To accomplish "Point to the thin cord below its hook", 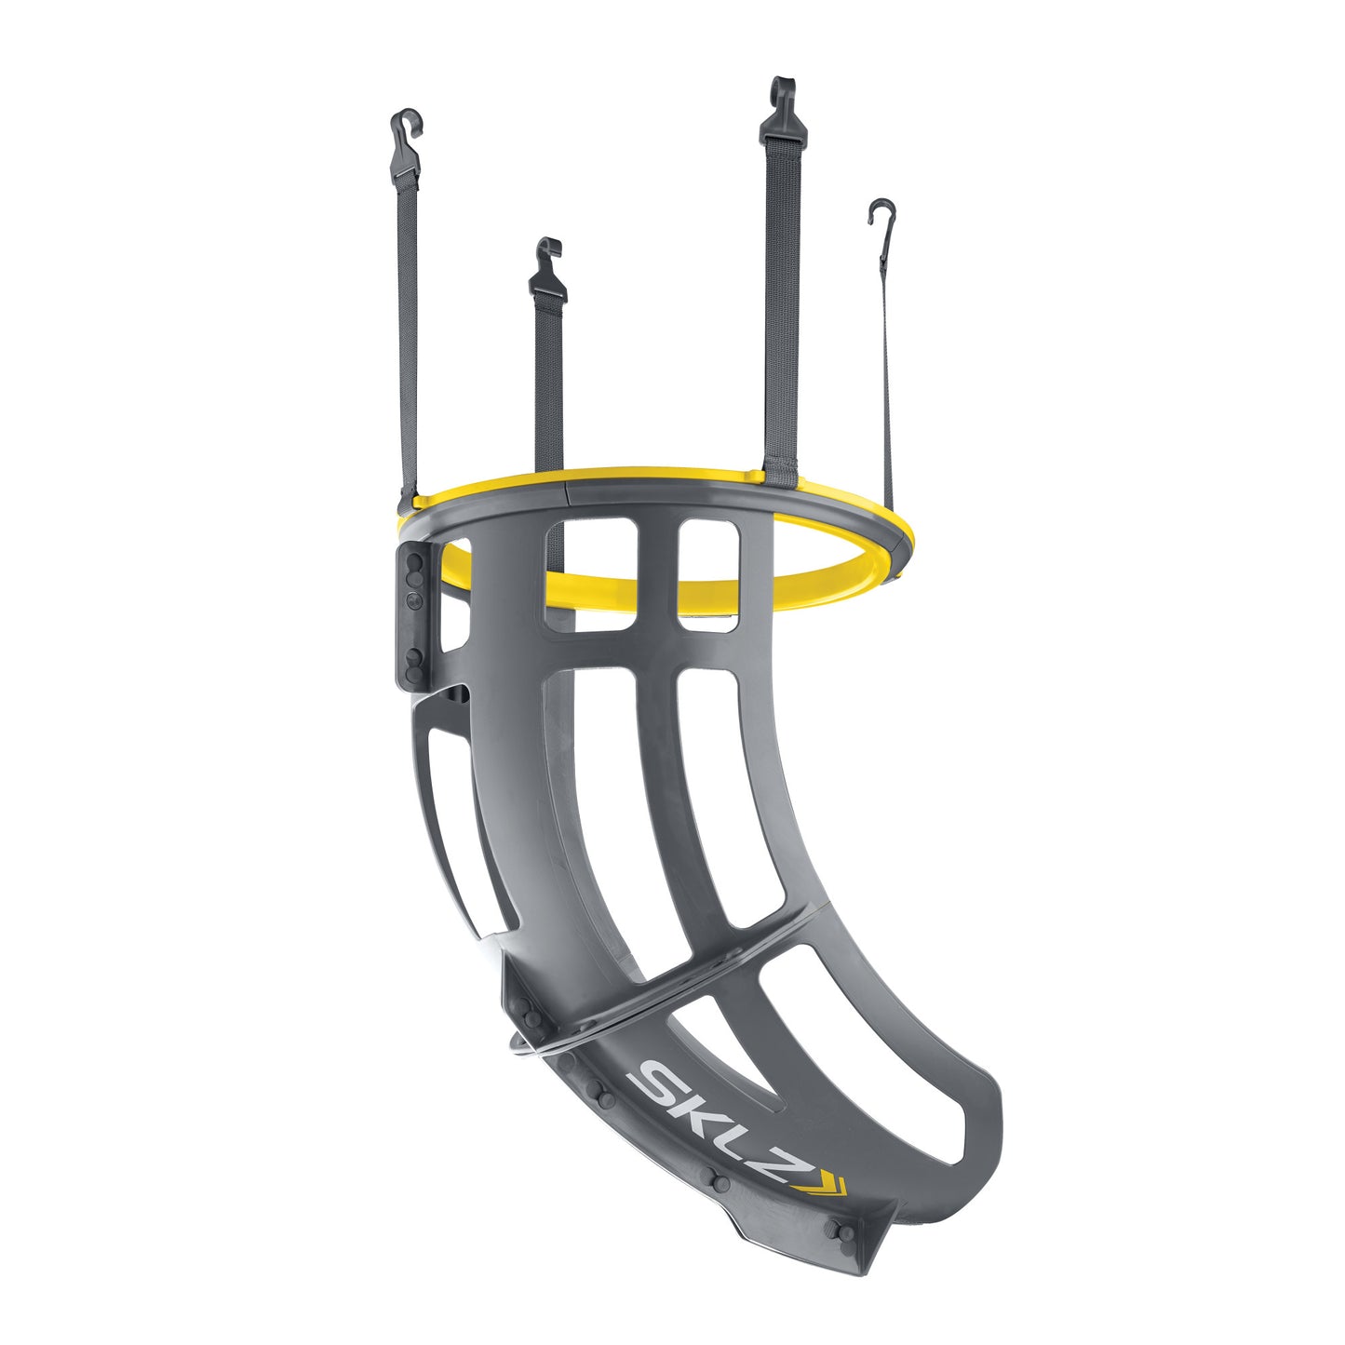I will pos(886,372).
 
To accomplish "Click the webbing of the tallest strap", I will pos(781,307).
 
